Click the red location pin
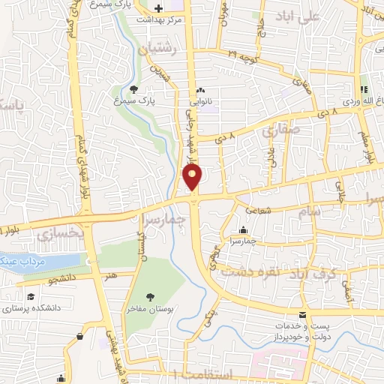pos(193,177)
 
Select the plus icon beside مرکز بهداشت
pos(157,7)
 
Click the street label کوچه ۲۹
pos(243,56)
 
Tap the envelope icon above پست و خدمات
pos(302,314)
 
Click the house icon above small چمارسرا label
pos(244,231)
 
